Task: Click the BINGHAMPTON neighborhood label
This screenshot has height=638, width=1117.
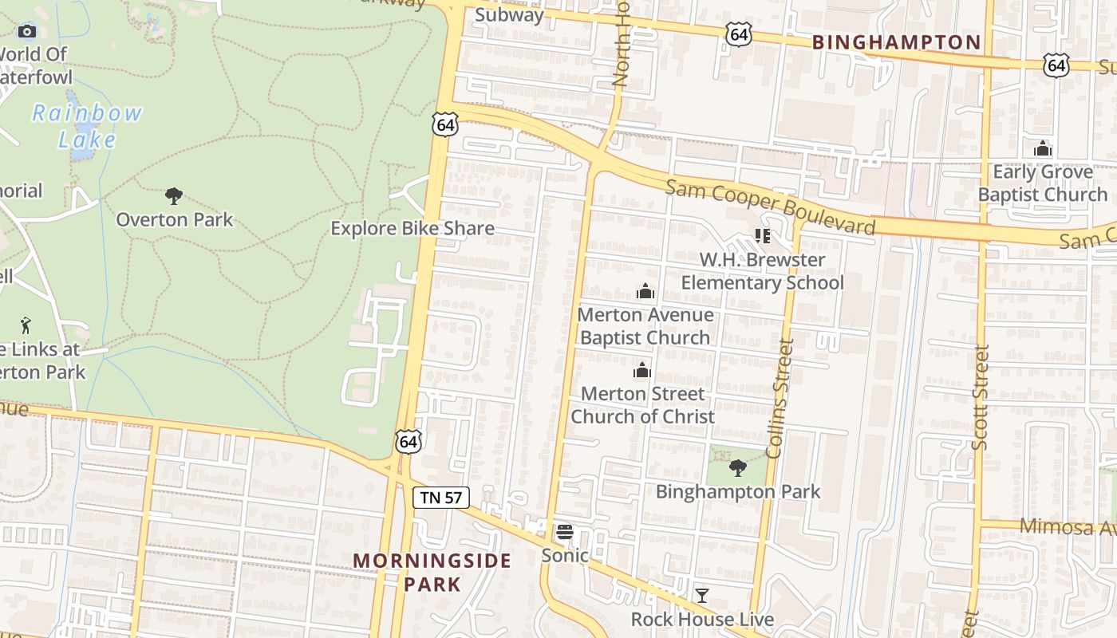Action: tap(896, 42)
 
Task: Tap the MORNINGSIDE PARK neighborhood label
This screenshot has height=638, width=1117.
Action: tap(432, 572)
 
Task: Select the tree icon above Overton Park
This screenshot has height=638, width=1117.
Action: tap(174, 196)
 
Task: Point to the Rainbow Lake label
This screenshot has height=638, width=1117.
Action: tap(87, 126)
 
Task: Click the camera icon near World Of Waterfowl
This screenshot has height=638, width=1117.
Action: tap(27, 31)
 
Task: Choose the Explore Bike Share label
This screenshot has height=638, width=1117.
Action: tap(412, 228)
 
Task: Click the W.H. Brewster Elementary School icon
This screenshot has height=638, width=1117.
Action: tap(762, 236)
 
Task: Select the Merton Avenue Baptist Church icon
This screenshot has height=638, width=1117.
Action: tap(645, 292)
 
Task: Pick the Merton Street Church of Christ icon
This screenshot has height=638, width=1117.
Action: tap(642, 371)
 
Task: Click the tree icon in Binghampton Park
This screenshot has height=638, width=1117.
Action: tap(738, 468)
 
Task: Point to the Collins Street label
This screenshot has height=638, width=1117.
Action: tap(780, 398)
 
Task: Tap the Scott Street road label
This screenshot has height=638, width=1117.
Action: tap(981, 396)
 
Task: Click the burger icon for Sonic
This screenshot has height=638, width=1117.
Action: tap(565, 532)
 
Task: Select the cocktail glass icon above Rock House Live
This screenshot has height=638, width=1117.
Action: tap(701, 595)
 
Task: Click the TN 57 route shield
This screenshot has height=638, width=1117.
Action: tap(441, 498)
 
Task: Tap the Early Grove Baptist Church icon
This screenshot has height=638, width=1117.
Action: tap(1042, 149)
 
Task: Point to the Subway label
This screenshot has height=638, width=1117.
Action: tap(509, 14)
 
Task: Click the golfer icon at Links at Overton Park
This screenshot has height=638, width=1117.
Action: tap(26, 325)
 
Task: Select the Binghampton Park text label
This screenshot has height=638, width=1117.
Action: tap(737, 491)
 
